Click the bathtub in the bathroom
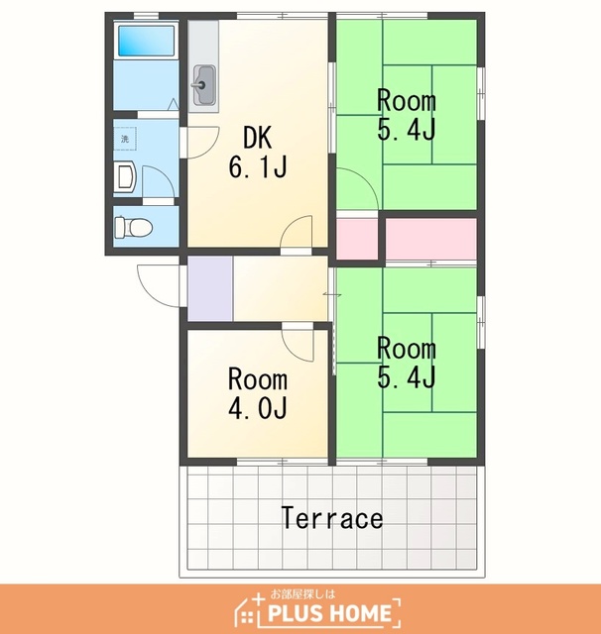coord(146,41)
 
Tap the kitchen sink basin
coord(204,85)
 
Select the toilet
coord(133,227)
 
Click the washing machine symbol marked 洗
coord(125,139)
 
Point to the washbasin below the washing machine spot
coord(126,177)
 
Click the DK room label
coord(257,138)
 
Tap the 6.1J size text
coord(258,167)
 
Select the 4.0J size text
coord(258,407)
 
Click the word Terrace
coord(332,518)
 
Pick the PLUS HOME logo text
coord(329,612)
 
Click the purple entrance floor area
coord(210,288)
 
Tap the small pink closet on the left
coord(357,239)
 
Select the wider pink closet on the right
coord(430,239)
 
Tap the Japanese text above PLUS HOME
coord(302,594)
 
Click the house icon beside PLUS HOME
coord(248,610)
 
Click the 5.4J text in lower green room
coord(407,377)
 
